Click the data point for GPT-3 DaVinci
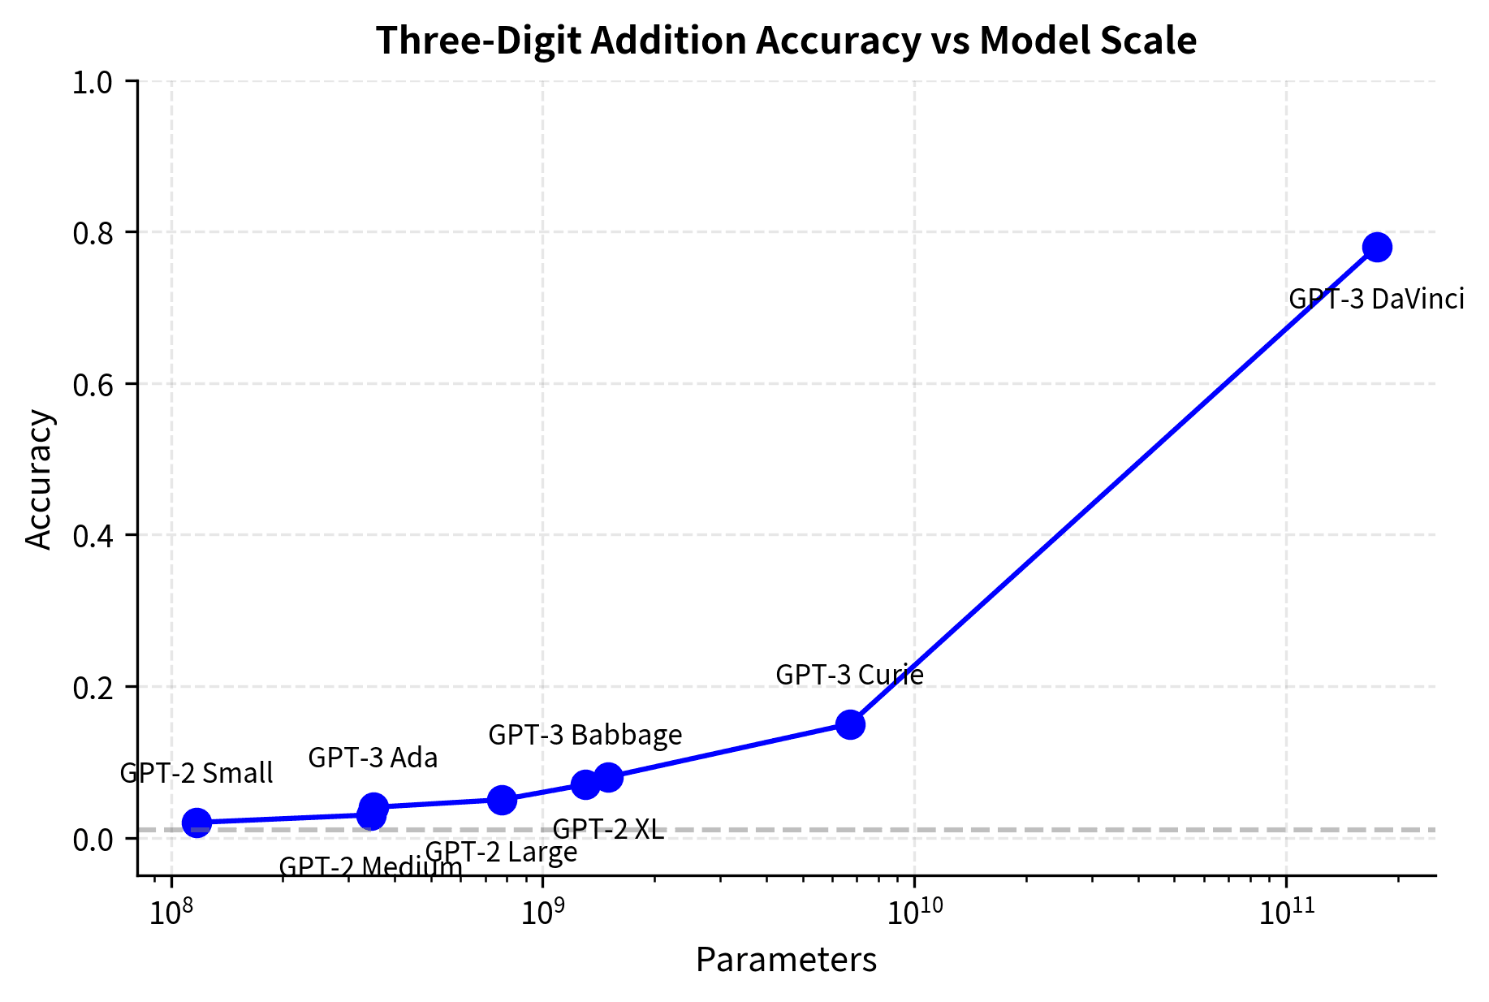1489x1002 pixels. coord(1377,247)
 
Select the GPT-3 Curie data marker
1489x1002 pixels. coord(850,724)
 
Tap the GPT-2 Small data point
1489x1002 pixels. coord(196,823)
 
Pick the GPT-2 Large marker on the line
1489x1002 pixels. coord(502,800)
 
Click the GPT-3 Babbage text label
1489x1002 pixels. coord(585,735)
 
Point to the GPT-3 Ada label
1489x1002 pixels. coord(373,758)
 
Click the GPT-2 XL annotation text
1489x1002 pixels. coord(608,829)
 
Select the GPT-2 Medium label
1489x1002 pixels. coord(370,866)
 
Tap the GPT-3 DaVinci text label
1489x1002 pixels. coord(1376,300)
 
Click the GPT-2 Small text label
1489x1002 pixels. coord(196,773)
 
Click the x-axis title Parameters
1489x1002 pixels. coord(786,960)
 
